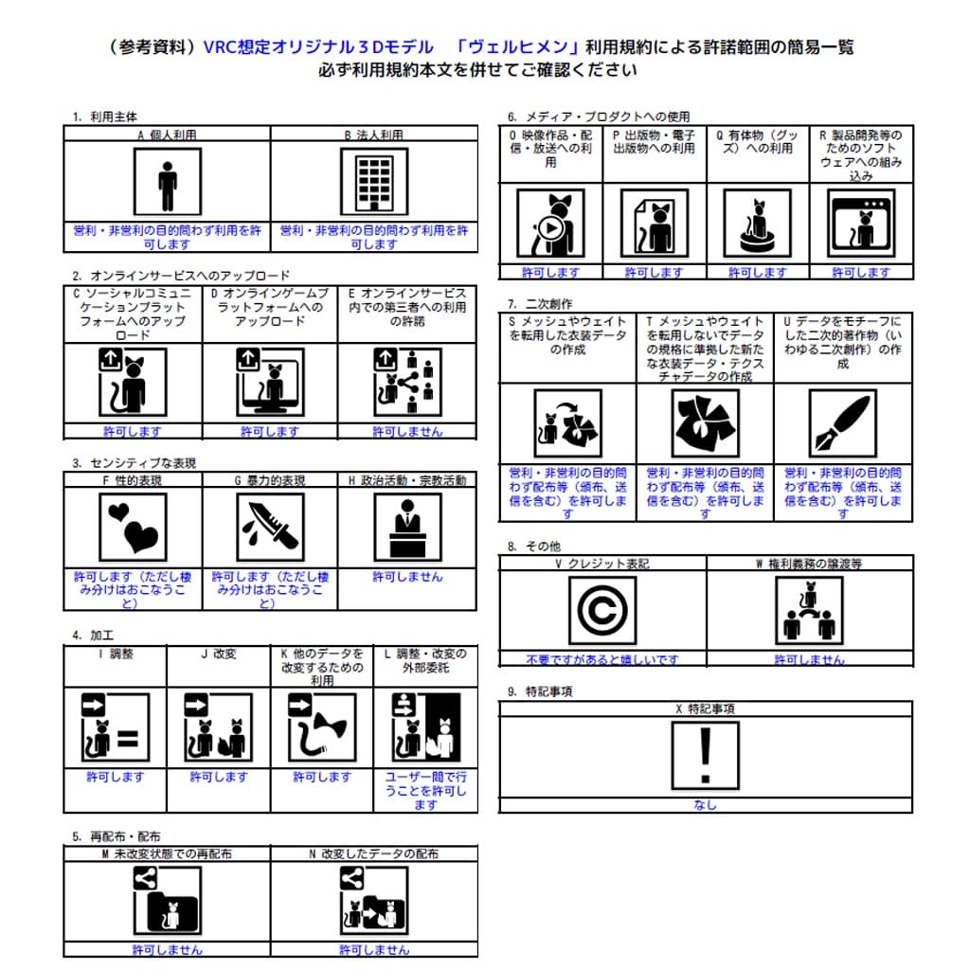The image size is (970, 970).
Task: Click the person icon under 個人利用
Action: (167, 184)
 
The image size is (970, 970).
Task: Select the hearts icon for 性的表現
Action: (133, 527)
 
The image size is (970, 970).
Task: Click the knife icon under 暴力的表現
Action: (270, 527)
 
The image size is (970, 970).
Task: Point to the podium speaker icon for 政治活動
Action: (408, 527)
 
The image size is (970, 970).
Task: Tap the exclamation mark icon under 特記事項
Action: (705, 756)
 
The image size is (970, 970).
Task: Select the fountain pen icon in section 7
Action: (843, 423)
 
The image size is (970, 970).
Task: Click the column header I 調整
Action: (115, 654)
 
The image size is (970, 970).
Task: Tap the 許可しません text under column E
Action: (407, 432)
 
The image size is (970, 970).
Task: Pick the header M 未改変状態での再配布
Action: (166, 853)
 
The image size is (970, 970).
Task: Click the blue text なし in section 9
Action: (705, 805)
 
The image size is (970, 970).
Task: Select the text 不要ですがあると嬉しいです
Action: (602, 659)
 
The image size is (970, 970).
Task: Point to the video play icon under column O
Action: (550, 224)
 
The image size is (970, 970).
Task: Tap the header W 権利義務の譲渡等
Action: (809, 563)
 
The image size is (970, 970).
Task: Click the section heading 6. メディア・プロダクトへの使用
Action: (599, 117)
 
